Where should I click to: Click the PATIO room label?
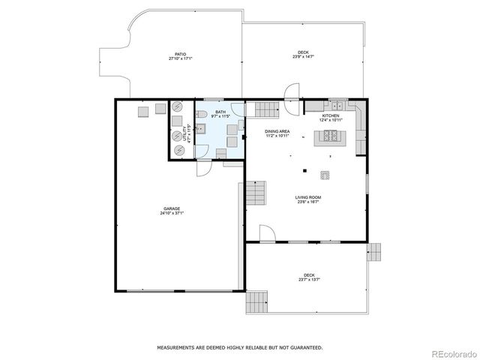pos(180,54)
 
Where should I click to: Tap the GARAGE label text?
pos(172,208)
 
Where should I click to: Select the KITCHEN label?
pos(330,115)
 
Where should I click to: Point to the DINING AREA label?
pos(277,131)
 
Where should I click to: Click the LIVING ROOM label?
pos(307,197)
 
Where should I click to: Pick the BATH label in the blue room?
pos(220,112)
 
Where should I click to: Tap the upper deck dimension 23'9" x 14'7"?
pos(304,57)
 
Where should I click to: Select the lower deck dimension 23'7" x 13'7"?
pos(309,279)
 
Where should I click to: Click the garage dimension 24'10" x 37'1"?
pos(172,213)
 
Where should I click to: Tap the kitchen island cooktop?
pos(330,136)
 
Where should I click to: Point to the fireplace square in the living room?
pos(325,174)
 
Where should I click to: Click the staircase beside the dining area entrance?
pos(266,110)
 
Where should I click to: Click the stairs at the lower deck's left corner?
pos(257,302)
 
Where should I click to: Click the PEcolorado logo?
pos(451,353)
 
